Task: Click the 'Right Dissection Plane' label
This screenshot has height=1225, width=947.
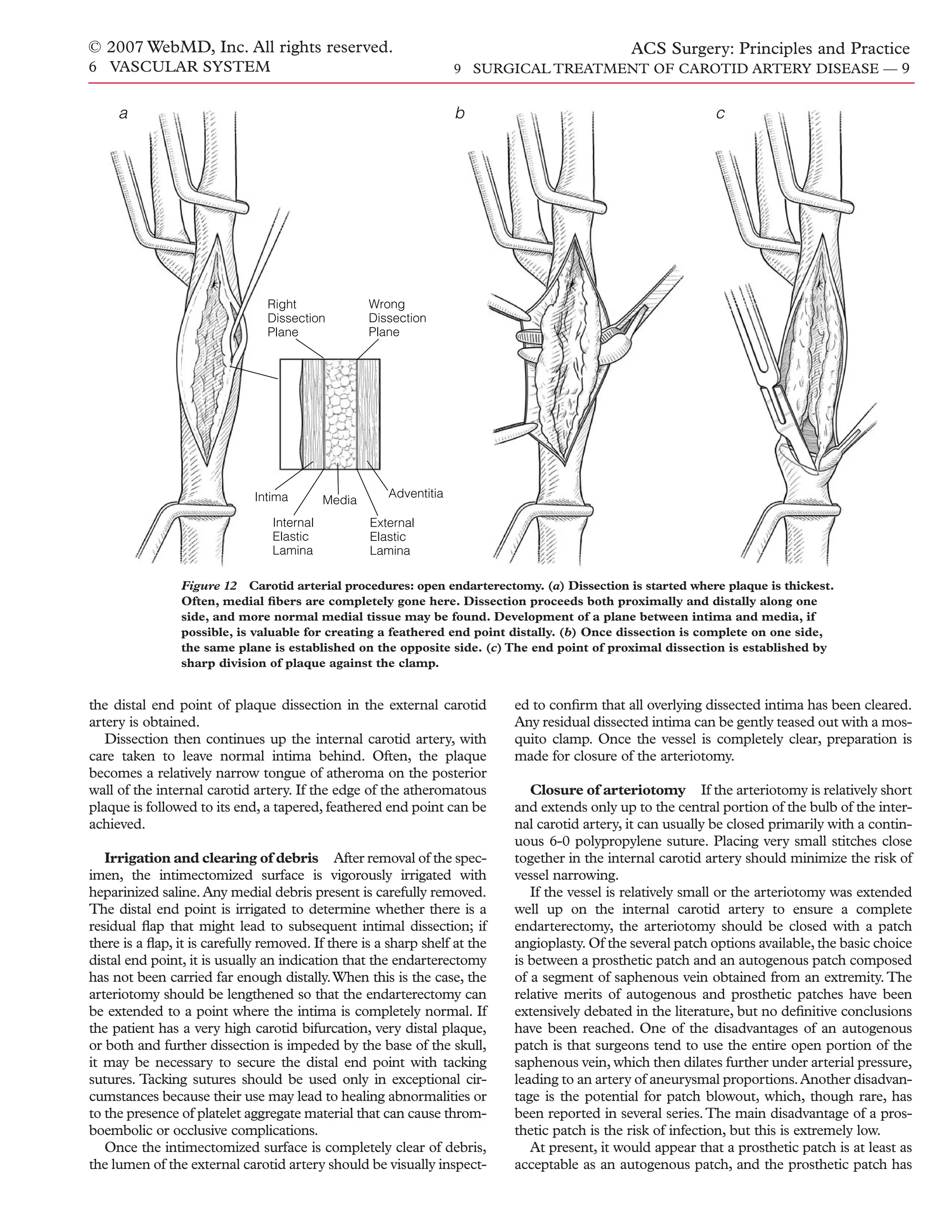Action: point(295,318)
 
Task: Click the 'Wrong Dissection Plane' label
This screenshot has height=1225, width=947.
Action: point(397,318)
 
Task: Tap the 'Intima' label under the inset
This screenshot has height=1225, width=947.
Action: point(271,497)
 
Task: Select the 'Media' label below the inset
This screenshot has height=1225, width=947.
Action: point(339,500)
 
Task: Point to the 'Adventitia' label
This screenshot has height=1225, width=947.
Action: point(416,494)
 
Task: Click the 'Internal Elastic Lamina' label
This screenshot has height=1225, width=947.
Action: point(292,537)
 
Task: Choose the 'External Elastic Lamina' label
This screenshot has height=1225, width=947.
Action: point(392,537)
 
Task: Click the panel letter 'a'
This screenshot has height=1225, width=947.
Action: point(123,114)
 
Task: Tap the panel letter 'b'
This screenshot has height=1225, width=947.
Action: point(460,114)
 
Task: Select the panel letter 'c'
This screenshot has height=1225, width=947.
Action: point(720,114)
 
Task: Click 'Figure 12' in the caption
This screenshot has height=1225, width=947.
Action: point(209,586)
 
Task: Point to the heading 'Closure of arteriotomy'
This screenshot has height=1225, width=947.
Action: point(608,790)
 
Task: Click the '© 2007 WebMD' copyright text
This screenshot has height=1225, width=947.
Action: point(240,48)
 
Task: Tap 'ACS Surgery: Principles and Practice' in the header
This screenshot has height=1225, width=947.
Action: point(770,49)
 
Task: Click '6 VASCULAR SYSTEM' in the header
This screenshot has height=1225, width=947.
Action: point(179,67)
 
